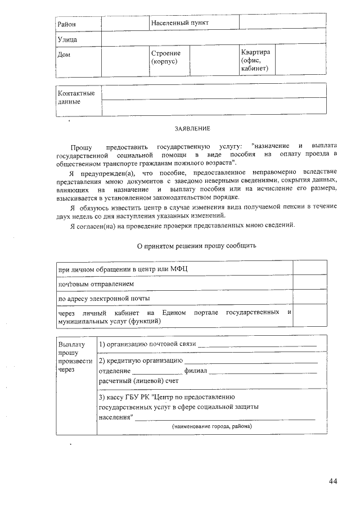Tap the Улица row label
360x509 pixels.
pos(67,40)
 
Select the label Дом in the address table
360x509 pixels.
pos(64,55)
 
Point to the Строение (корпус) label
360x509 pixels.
pos(166,57)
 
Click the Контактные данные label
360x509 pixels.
pos(76,97)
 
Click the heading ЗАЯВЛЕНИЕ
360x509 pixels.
pos(192,129)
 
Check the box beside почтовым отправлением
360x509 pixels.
pos(309,283)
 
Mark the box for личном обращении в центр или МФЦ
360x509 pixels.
pos(309,269)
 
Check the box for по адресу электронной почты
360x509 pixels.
pos(309,298)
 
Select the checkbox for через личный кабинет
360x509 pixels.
pos(309,316)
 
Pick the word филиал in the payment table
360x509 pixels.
pos(196,371)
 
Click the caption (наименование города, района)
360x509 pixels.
pos(212,426)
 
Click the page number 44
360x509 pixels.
pos(333,481)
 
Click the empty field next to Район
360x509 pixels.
pos(125,24)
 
